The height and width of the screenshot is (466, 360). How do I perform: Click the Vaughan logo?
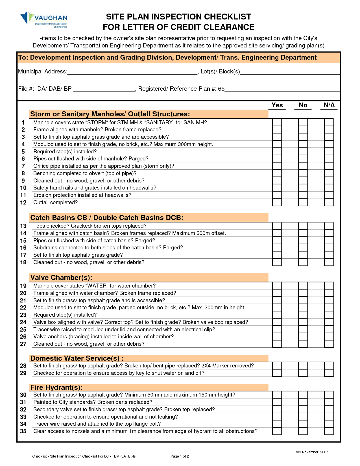pos(44,20)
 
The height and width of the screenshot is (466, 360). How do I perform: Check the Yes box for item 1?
pos(277,122)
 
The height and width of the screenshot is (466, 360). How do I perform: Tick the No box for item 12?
pos(303,202)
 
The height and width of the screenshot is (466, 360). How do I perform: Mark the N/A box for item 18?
pos(329,262)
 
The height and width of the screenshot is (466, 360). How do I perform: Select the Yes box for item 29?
pos(277,373)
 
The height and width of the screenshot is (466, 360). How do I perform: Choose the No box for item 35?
pos(303,431)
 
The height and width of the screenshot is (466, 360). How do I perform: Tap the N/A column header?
pos(329,105)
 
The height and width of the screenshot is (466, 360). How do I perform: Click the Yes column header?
pos(277,105)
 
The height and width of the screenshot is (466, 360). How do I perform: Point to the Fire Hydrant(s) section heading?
pos(56,387)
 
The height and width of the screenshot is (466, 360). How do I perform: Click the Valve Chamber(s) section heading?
pos(61,277)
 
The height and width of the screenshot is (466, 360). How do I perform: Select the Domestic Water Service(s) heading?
pos(77,358)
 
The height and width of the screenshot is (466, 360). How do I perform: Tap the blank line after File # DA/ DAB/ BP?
pos(104,90)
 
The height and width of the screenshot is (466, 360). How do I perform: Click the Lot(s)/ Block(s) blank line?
pos(289,72)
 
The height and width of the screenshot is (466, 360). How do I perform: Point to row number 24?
pos(23,322)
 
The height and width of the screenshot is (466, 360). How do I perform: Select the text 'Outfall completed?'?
pos(55,202)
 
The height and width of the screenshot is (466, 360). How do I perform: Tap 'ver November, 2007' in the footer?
pos(312,452)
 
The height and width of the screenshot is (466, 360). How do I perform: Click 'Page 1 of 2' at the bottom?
pos(180,456)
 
